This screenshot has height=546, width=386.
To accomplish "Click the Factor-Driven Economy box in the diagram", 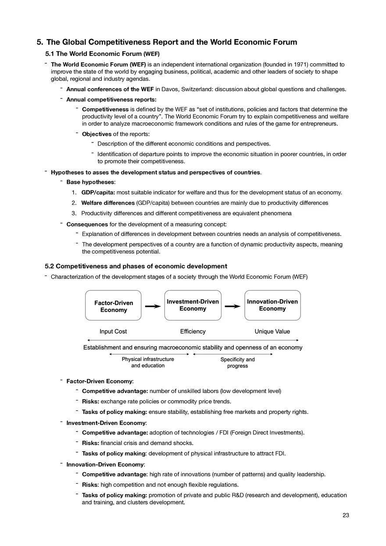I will click(113, 306).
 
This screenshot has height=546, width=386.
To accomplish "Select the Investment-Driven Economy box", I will click(193, 305).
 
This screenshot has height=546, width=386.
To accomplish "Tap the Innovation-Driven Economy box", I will click(272, 305).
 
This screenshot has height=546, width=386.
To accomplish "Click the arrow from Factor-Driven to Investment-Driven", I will click(153, 307).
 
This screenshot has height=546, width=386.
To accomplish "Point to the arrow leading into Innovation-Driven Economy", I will click(232, 306).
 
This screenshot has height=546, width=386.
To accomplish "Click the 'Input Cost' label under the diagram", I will click(113, 332).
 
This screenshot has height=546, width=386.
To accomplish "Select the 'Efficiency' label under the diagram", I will click(193, 332).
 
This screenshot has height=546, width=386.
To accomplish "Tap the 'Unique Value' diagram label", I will click(272, 332).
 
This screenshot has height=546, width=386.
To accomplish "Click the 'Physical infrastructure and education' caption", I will click(148, 362).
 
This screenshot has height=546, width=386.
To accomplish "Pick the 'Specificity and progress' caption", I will click(237, 363).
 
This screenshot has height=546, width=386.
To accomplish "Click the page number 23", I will click(346, 515).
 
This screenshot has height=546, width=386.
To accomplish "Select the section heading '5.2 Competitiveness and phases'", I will click(136, 266).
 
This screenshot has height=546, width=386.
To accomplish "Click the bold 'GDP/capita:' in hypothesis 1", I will click(98, 193).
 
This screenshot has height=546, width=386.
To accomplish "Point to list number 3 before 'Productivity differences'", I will click(74, 214).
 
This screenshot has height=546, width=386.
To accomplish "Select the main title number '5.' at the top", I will click(40, 43).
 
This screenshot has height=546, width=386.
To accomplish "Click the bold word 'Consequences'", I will click(87, 225).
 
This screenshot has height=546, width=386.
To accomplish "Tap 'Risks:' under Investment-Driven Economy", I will click(91, 443).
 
